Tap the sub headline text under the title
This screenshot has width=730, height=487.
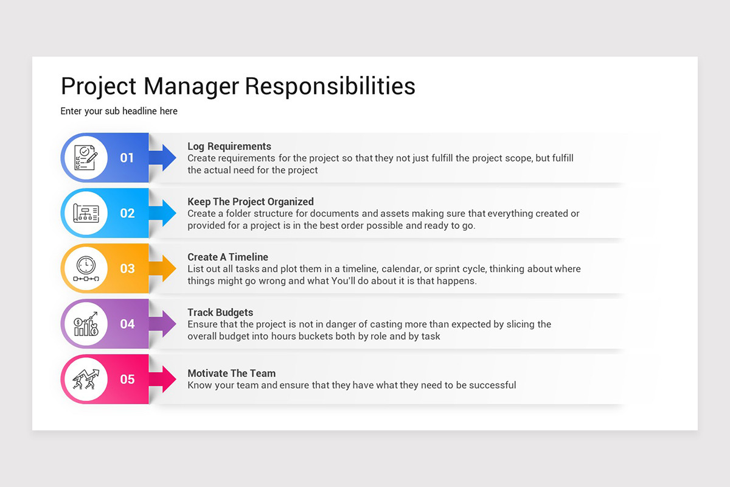(x=119, y=111)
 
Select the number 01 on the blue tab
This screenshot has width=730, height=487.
(x=127, y=158)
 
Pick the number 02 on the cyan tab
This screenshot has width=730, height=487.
(x=127, y=214)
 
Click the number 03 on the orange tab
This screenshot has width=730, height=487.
(x=127, y=269)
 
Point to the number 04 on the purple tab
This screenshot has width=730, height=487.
(x=127, y=324)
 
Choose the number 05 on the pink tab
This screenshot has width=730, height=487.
(x=127, y=380)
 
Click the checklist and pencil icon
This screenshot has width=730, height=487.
(x=85, y=158)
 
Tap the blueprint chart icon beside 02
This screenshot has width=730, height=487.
(x=85, y=213)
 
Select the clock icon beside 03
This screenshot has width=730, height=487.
(x=85, y=268)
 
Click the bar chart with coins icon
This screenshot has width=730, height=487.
(x=85, y=324)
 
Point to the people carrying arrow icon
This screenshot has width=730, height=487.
(x=85, y=379)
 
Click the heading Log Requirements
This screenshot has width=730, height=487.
(x=229, y=147)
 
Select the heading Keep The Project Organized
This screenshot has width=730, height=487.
(x=251, y=202)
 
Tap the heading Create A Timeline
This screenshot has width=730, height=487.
(x=228, y=258)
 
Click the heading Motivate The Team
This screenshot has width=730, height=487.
(x=231, y=374)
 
